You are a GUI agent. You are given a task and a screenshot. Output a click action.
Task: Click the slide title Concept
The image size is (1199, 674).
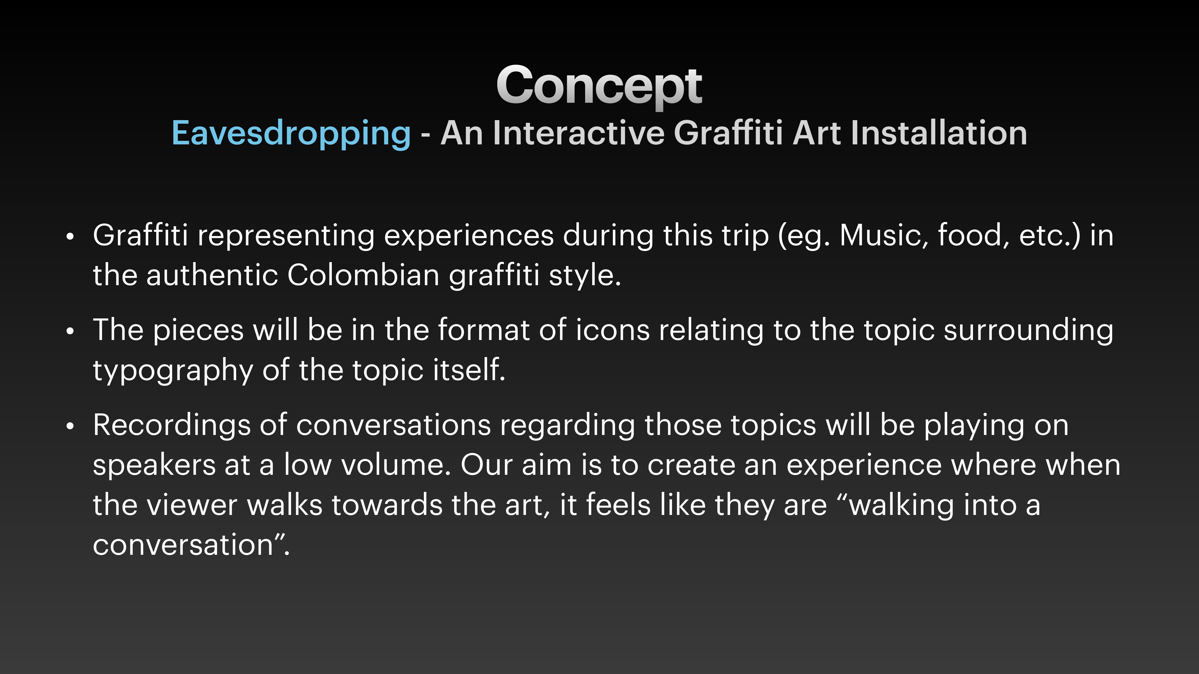(599, 86)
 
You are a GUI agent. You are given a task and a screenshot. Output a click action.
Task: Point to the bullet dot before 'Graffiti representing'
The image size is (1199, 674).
(70, 237)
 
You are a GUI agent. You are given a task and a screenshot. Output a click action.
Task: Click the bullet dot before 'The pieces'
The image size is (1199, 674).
(70, 332)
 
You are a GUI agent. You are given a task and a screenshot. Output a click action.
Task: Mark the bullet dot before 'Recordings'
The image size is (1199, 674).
(70, 427)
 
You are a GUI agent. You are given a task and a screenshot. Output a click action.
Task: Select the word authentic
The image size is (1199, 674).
(212, 275)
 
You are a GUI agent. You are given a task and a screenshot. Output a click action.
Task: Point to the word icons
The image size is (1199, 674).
(612, 330)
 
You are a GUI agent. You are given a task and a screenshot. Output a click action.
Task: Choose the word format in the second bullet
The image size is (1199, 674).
(483, 330)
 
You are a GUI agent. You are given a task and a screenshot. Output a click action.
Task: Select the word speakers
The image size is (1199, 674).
(154, 466)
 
